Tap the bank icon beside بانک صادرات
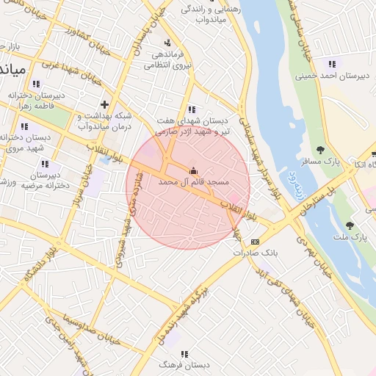point(255,242)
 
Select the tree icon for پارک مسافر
point(319,150)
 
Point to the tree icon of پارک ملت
point(350,225)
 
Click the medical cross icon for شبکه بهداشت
point(105,104)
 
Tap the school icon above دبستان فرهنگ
point(184,353)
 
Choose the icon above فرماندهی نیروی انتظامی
point(168,43)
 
